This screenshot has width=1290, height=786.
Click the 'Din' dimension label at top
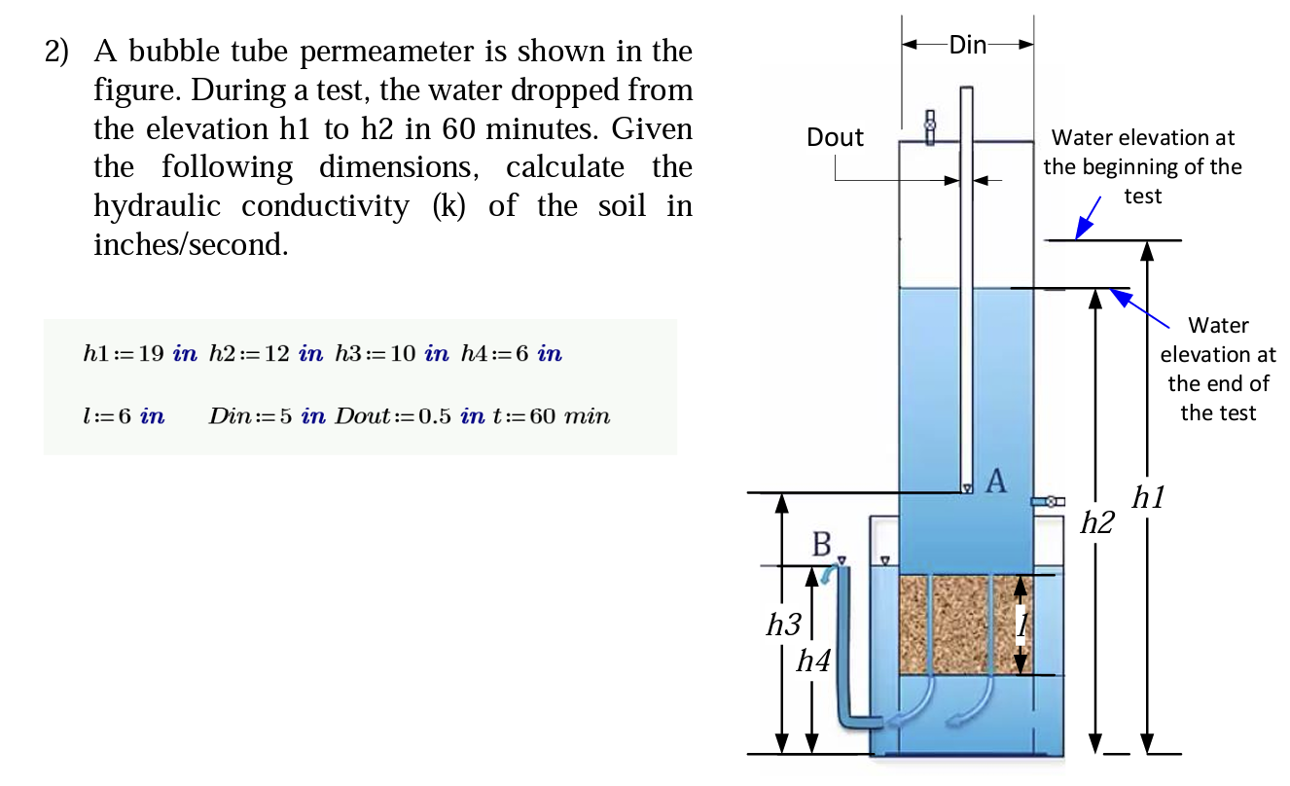(967, 45)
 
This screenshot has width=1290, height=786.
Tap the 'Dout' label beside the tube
(835, 138)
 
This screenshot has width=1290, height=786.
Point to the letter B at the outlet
(822, 545)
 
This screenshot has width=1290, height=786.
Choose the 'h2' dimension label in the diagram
(1098, 524)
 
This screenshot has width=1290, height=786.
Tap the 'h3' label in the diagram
(782, 625)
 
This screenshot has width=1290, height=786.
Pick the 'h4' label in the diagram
(813, 662)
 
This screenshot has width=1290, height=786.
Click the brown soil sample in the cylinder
(958, 624)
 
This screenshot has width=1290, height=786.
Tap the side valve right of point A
(1046, 501)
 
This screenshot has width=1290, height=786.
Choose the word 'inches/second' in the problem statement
(191, 244)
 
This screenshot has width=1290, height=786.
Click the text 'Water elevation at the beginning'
(1142, 153)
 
